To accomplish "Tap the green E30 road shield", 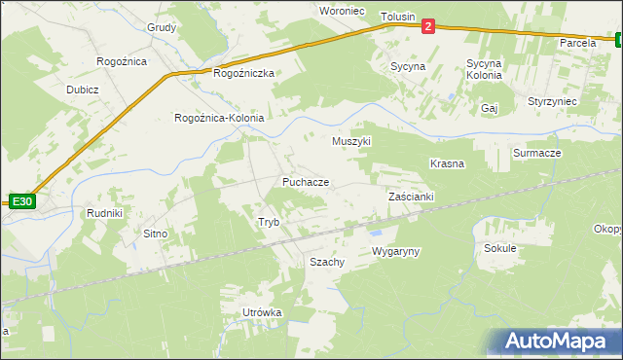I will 22,201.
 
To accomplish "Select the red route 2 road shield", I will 428,29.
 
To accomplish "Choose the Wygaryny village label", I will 395,252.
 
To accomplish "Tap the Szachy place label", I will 327,263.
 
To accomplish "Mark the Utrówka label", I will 262,312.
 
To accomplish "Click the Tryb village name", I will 269,223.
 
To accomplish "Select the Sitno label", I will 156,234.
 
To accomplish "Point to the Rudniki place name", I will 104,214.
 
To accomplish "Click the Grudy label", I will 162,27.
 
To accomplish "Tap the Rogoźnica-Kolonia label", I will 218,118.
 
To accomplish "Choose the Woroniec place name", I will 342,10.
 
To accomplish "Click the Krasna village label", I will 447,163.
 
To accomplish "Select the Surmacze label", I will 536,154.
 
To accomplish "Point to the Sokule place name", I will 499,248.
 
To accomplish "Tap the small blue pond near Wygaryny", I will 375,233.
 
